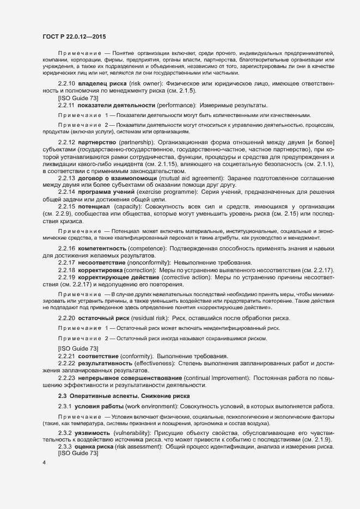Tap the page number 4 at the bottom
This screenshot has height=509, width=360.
[45, 463]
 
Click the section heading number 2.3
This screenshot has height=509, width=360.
[62, 396]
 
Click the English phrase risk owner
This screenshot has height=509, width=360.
[144, 83]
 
